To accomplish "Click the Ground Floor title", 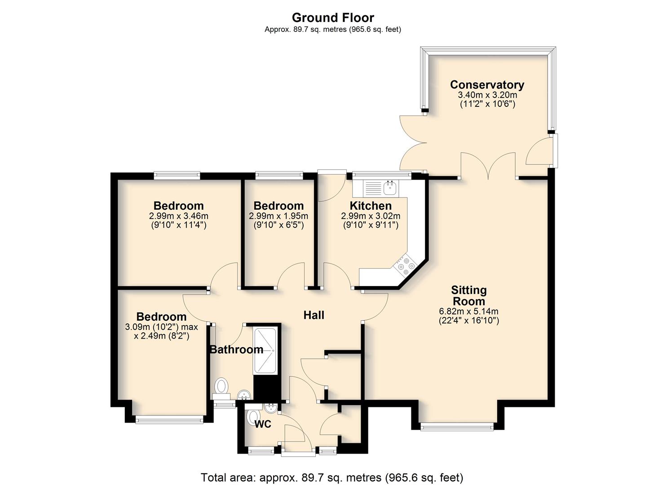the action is tap(333, 18).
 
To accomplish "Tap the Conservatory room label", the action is tap(487, 84).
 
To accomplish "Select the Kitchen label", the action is tap(371, 205).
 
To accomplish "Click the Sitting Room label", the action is tap(468, 295).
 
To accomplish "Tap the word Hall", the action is tap(314, 315).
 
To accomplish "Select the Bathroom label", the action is tap(237, 349).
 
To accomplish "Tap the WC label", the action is tap(263, 424).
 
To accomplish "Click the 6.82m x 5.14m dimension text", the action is tap(468, 311).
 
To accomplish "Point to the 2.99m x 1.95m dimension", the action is tap(278, 216).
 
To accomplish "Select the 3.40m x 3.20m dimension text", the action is tap(487, 95).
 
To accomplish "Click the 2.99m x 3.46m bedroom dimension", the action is tap(178, 216).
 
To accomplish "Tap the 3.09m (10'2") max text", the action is tap(161, 327).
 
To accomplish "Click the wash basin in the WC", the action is tap(271, 408).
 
